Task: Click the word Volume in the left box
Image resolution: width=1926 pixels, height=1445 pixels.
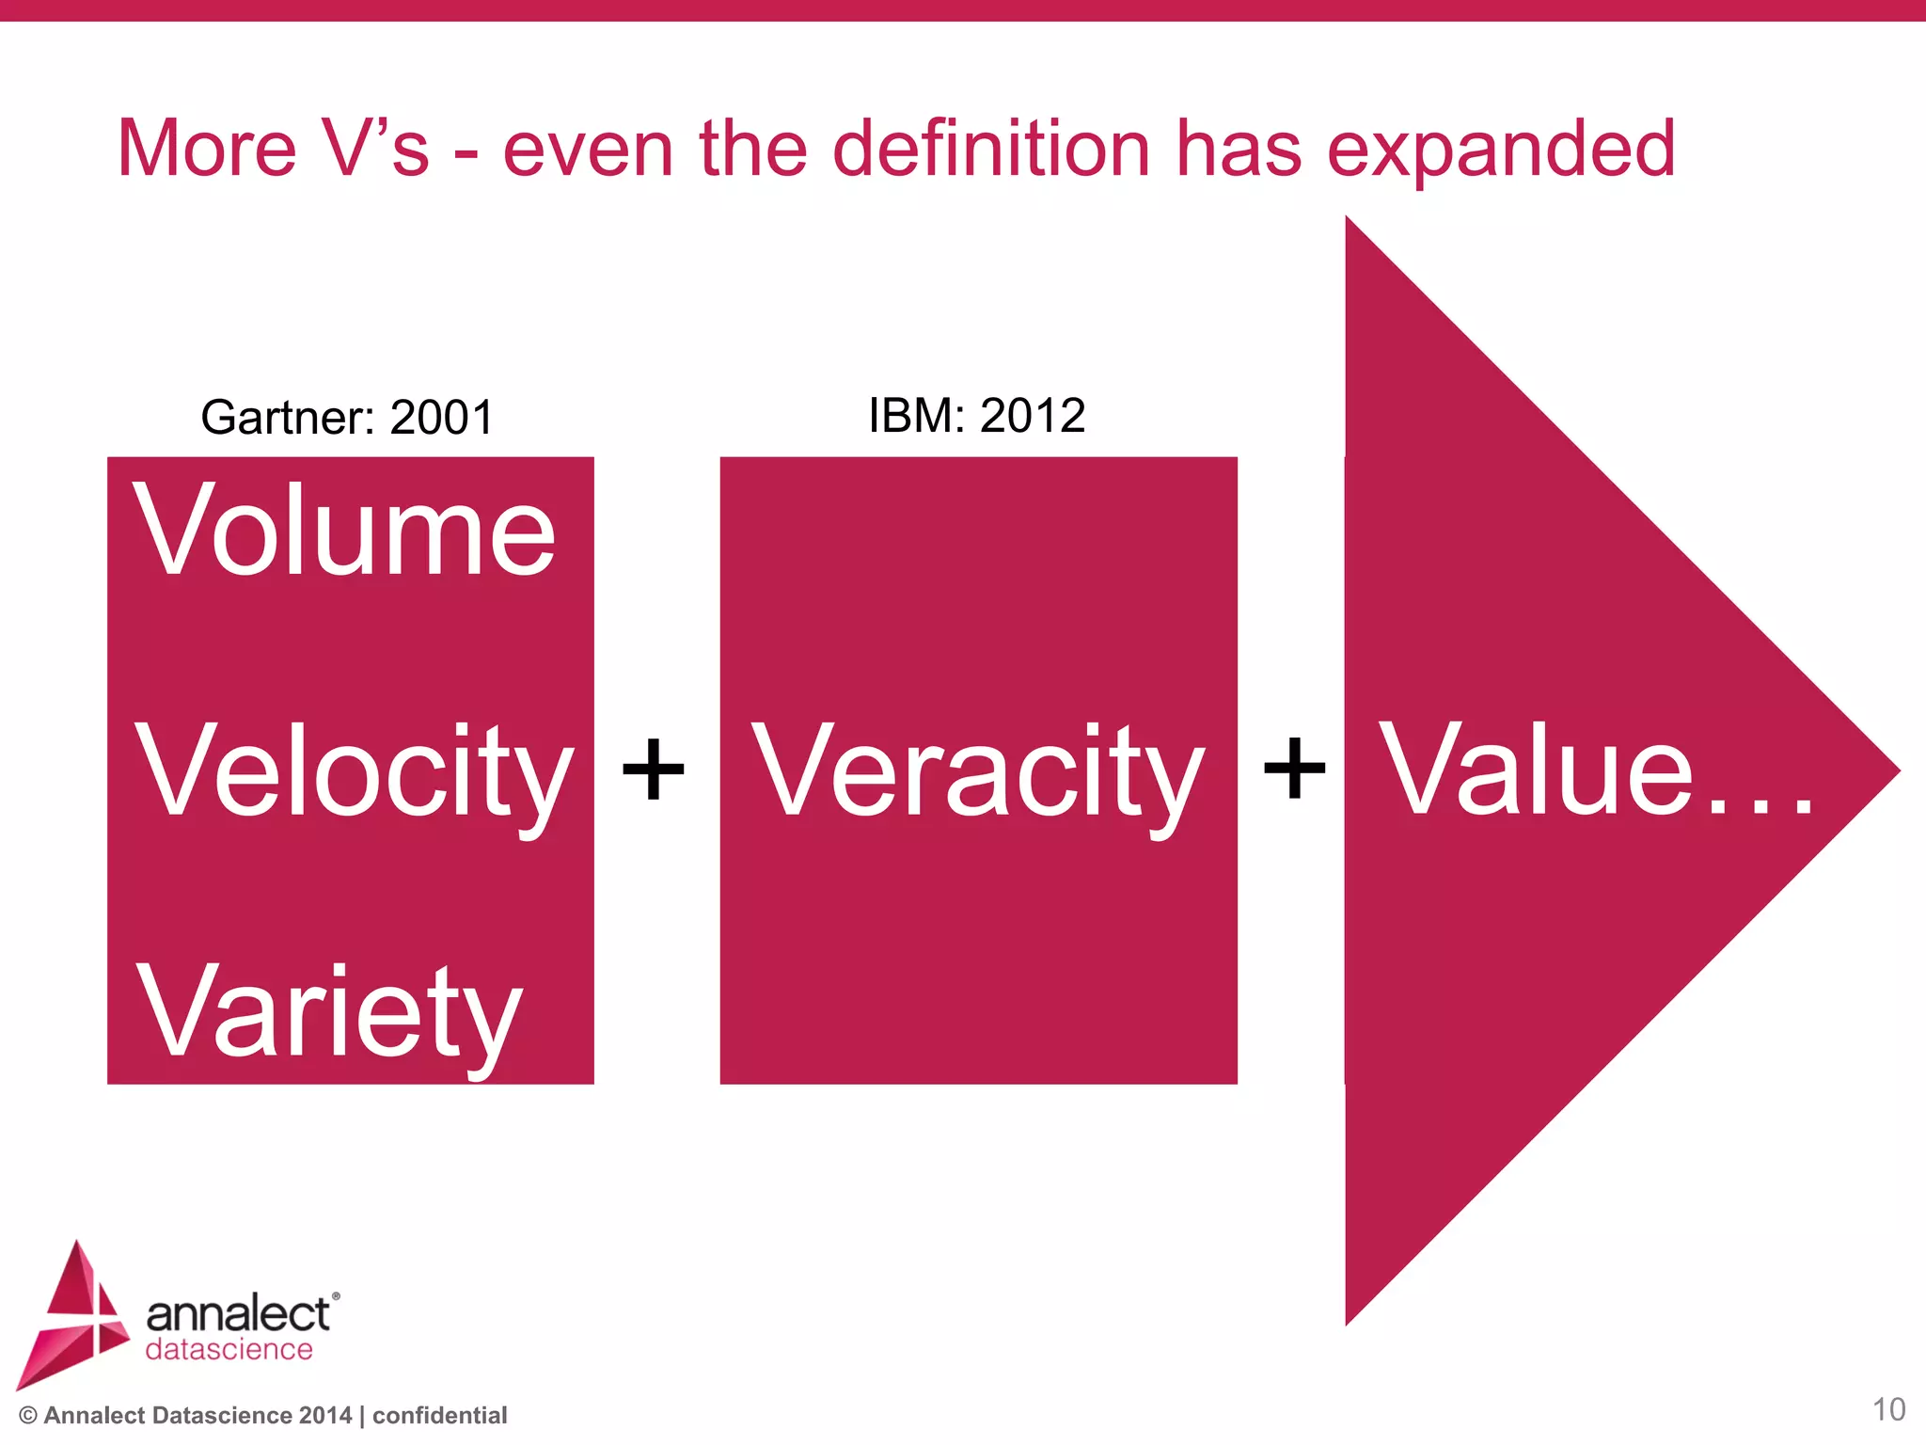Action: [x=344, y=532]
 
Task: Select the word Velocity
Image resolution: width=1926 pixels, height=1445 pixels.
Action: [x=354, y=771]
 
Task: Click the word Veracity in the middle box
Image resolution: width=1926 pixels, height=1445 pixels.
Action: [x=978, y=771]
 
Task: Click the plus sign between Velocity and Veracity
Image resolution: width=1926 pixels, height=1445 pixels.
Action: [x=654, y=770]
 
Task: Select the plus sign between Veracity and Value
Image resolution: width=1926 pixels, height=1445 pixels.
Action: [x=1294, y=770]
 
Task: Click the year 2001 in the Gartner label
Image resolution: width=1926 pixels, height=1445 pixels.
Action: [x=441, y=418]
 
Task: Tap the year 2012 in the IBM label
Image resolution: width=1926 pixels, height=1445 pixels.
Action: [x=1032, y=416]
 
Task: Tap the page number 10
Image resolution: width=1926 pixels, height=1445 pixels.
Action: [x=1888, y=1409]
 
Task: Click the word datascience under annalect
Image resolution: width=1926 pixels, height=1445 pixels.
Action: [x=229, y=1350]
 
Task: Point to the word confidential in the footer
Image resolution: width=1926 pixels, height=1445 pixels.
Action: [x=439, y=1416]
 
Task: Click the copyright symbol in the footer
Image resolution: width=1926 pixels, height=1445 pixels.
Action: [x=28, y=1416]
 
